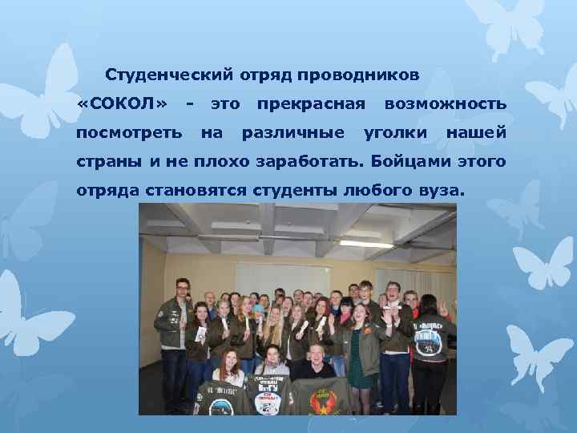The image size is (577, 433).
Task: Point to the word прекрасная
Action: (311, 104)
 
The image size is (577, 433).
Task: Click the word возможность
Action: (445, 104)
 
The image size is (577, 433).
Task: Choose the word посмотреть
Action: (129, 132)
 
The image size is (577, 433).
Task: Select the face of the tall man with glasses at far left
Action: (183, 287)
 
